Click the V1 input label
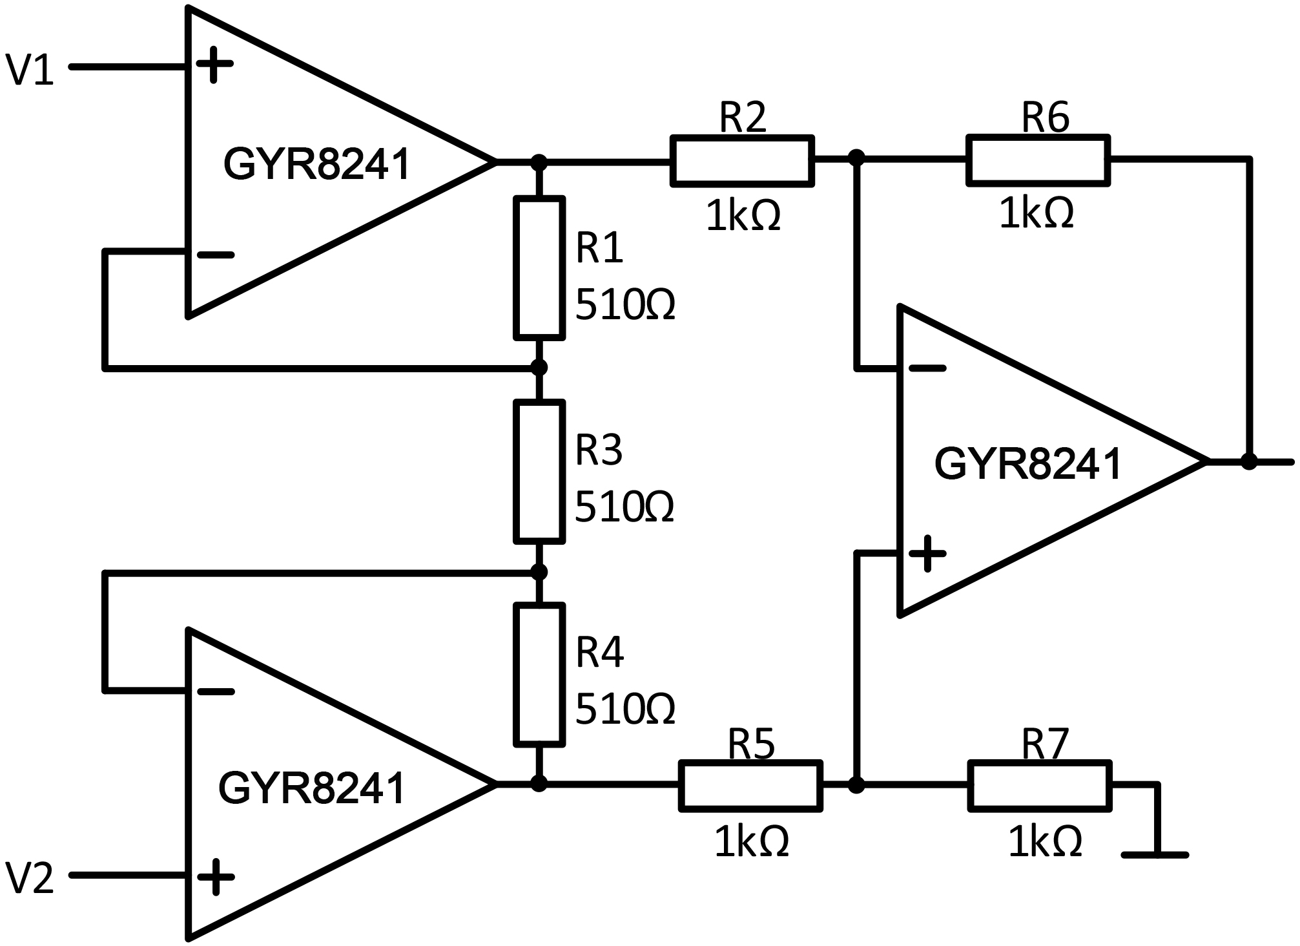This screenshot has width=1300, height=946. coord(29,70)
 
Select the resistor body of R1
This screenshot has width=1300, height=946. coord(539,268)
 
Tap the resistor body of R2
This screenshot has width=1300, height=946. coord(742,161)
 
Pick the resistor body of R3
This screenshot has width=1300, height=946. coord(539,471)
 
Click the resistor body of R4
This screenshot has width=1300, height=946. coord(539,674)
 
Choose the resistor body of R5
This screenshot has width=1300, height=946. coord(750,785)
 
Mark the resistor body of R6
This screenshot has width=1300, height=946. coord(1038,160)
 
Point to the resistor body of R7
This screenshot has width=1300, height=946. coord(1039,785)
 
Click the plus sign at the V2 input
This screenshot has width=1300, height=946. coord(215,877)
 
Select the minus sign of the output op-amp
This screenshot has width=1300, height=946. coord(927,368)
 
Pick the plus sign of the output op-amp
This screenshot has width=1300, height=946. coord(927,554)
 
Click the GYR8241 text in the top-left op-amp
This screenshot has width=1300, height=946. coord(316,164)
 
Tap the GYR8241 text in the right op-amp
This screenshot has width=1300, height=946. coord(1027,464)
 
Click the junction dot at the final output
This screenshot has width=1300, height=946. coord(1250,461)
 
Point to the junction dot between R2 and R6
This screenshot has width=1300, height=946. coord(856,157)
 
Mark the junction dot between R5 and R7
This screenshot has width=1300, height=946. coord(856,785)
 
